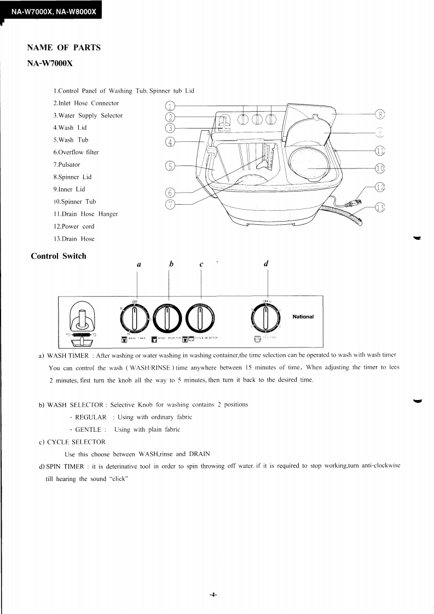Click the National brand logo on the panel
303,317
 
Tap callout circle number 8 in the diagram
380,114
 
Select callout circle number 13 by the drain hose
380,207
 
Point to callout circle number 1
170,106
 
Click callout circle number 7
170,204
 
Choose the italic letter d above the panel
266,264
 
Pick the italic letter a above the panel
139,264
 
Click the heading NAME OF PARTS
63,48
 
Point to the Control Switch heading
59,256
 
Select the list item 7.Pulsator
66,164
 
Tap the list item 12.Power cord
73,227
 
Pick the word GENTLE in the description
88,430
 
